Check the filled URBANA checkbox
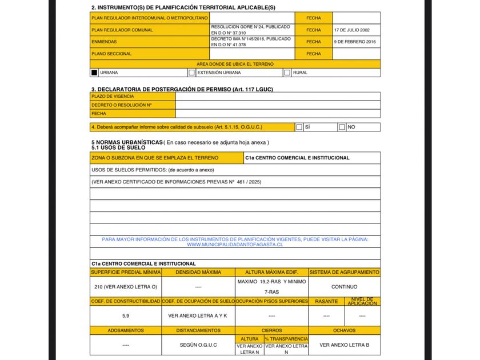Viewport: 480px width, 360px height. coord(94,73)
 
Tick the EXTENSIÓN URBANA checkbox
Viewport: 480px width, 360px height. coord(191,73)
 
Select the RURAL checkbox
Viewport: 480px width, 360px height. coord(287,73)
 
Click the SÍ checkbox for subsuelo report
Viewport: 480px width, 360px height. coord(299,127)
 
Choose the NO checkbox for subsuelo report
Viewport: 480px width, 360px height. coord(342,127)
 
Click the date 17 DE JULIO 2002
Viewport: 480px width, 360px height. coord(351,30)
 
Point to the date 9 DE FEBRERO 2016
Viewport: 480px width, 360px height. coord(355,42)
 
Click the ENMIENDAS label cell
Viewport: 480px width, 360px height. coord(105,42)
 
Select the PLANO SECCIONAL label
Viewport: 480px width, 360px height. coord(111,54)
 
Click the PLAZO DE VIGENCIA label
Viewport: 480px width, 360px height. coord(113,97)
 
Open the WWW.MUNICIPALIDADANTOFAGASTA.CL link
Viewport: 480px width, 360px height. coord(235,244)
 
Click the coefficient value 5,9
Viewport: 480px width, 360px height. coord(126,315)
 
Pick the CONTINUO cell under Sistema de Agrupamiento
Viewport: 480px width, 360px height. coord(344,286)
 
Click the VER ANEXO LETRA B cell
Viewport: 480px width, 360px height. coord(344,345)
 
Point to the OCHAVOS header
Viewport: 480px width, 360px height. coord(344,330)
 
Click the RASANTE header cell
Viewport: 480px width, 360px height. coord(326,301)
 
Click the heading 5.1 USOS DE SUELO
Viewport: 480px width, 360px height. coord(118,147)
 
